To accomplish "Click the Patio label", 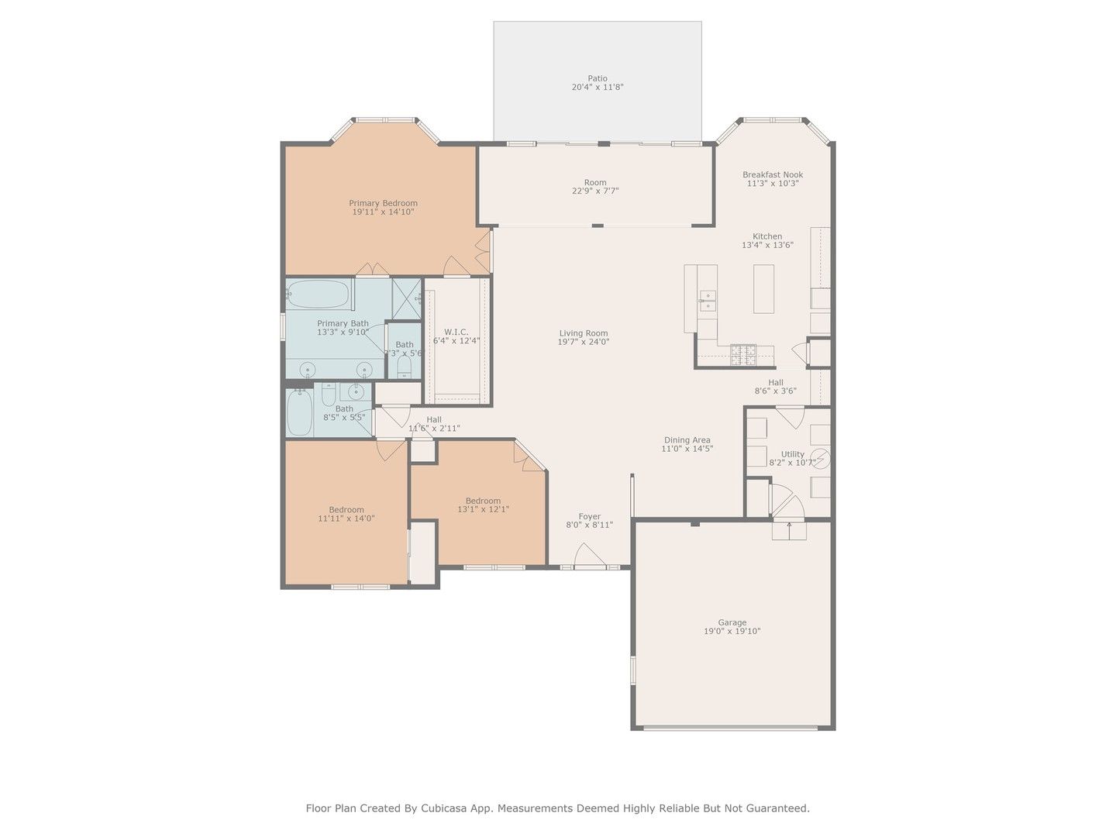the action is [x=598, y=78].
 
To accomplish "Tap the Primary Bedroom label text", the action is [x=383, y=203].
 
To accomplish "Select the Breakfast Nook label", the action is [x=773, y=174].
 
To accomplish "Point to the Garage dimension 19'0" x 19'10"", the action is [x=732, y=631].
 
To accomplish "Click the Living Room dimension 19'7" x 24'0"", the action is [x=583, y=342].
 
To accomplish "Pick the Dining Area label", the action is [x=687, y=440].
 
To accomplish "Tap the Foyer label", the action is [x=589, y=516].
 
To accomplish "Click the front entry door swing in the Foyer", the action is [x=589, y=555].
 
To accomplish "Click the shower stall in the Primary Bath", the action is [x=406, y=299].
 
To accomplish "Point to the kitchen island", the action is [x=763, y=288].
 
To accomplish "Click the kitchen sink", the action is [x=708, y=301].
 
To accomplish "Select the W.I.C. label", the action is [x=456, y=332].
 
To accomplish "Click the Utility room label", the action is [x=793, y=454].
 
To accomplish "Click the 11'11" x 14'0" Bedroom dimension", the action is [x=346, y=518].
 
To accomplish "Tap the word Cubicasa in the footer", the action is [x=442, y=808].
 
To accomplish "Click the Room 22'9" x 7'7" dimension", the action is [x=595, y=191].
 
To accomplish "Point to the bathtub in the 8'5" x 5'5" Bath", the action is [x=299, y=412].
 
